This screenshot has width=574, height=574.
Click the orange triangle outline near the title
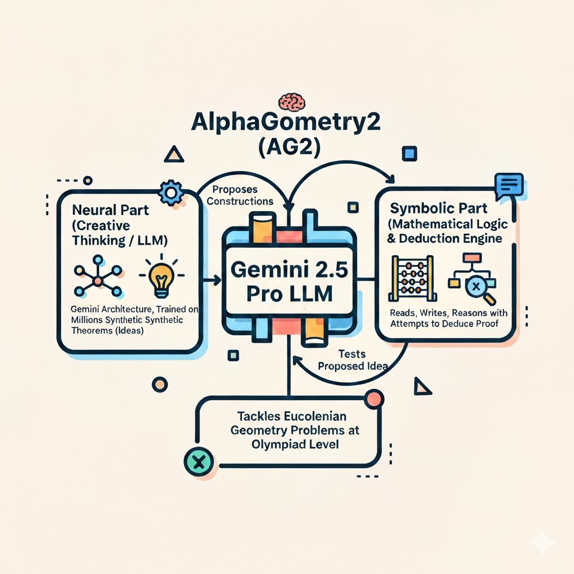176,154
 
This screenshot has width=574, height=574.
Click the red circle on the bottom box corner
373,399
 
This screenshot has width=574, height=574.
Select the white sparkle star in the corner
543,543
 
